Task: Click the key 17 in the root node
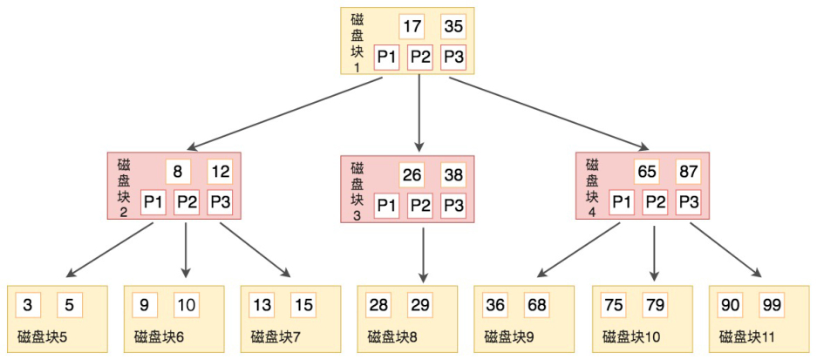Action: [412, 27]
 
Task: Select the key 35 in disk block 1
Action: [453, 27]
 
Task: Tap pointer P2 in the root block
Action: [420, 58]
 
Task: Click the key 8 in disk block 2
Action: [178, 171]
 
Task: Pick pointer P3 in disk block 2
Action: [220, 202]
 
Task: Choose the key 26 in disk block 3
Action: [412, 175]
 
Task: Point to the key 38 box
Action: [453, 175]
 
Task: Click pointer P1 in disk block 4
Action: [622, 202]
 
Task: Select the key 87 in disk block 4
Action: [689, 171]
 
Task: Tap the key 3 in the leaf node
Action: [28, 306]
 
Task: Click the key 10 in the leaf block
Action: [187, 306]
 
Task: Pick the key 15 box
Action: [303, 306]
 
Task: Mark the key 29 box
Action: [420, 306]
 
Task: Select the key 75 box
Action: [613, 306]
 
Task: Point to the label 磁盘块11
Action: [748, 336]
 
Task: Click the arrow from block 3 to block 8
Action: [423, 255]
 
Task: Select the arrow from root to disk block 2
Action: [287, 114]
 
